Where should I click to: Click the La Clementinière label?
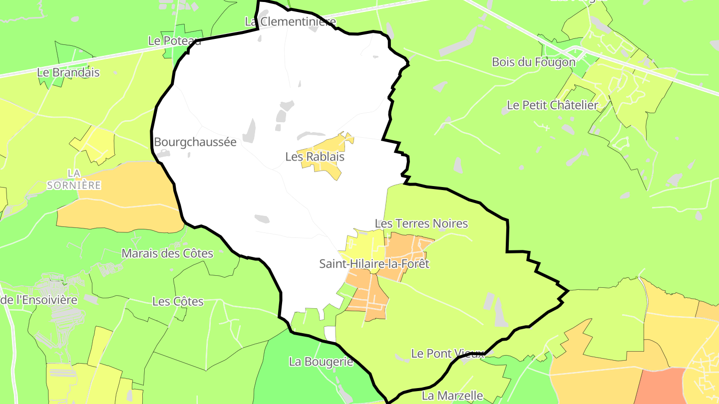[x=290, y=21]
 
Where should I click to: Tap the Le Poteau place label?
[x=174, y=41]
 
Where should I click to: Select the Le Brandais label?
[x=68, y=72]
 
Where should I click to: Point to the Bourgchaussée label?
[x=195, y=142]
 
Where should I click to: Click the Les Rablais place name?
[x=315, y=157]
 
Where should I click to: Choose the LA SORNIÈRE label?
[x=74, y=179]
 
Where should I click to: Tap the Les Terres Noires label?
[x=421, y=223]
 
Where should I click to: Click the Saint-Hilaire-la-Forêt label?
[x=374, y=263]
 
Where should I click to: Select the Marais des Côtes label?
[x=167, y=253]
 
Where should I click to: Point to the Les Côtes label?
[x=178, y=301]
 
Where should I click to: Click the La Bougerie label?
[x=321, y=362]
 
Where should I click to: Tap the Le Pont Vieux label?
[x=447, y=354]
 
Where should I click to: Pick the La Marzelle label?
[x=452, y=396]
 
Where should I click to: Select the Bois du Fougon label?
[x=533, y=62]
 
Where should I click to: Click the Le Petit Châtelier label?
[x=552, y=105]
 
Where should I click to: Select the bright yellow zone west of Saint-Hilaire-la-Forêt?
[x=362, y=244]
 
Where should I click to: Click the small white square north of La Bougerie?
[x=330, y=333]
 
